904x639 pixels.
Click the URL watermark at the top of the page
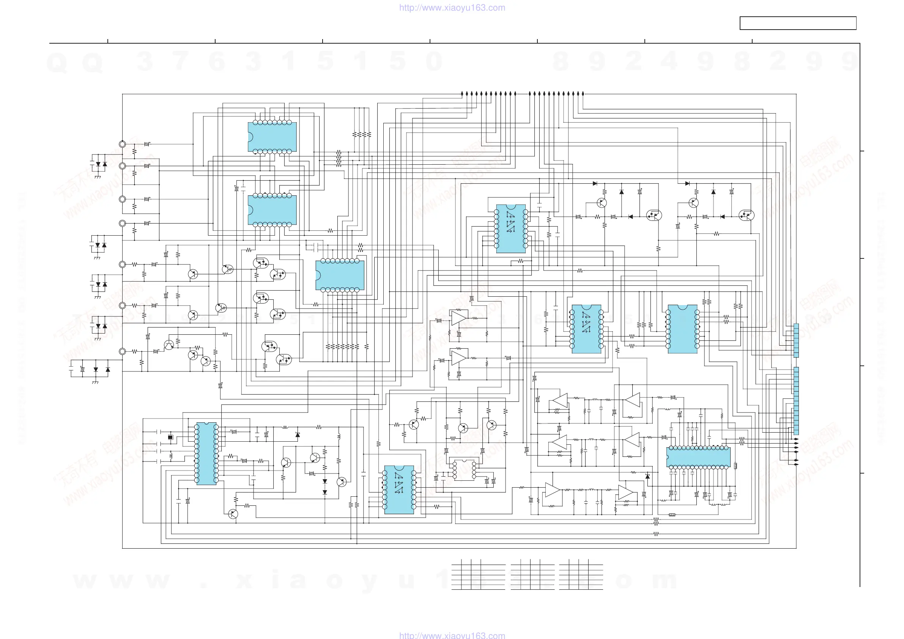point(452,8)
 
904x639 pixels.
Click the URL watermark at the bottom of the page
point(452,635)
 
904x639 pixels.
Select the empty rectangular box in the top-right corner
point(798,23)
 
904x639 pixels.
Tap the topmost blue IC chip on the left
point(272,137)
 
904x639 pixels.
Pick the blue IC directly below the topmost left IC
point(272,210)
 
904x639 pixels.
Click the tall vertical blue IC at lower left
point(206,453)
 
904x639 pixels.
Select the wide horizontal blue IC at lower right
point(698,457)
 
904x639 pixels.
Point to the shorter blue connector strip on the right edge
point(796,340)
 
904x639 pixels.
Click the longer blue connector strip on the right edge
point(796,400)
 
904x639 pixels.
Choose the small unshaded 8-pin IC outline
point(464,469)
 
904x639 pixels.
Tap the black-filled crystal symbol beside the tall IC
point(170,437)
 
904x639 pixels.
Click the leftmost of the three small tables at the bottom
point(478,574)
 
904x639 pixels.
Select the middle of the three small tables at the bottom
point(532,574)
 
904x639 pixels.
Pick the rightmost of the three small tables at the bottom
point(581,574)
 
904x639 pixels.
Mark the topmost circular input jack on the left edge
point(123,144)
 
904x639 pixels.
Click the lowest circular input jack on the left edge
point(123,351)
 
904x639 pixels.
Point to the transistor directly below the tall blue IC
point(233,513)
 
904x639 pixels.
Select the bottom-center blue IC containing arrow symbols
point(399,490)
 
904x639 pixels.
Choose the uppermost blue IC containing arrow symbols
point(511,228)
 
